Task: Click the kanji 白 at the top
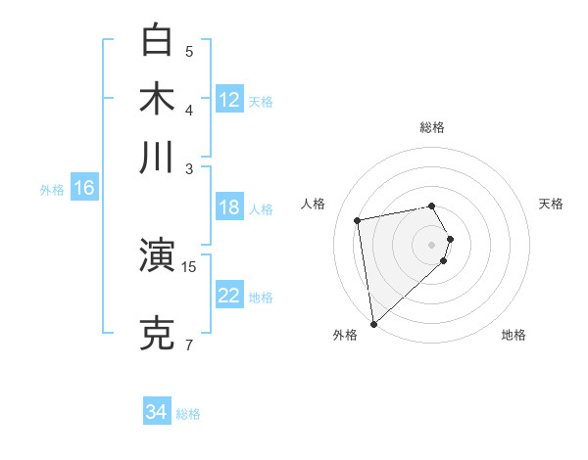point(158,40)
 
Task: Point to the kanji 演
point(158,256)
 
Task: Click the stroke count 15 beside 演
point(189,266)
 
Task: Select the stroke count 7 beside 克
point(189,345)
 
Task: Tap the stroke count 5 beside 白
point(189,51)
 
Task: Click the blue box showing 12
point(229,100)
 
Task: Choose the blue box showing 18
point(229,207)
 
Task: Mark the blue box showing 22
point(229,296)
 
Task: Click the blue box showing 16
point(84,188)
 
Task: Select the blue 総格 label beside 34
point(188,414)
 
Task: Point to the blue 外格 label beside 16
point(52,190)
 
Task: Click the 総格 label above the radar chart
point(432,127)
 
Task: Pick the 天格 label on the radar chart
point(552,204)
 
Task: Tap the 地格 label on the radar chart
point(514,335)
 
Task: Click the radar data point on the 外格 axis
point(373,323)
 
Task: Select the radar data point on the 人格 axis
point(358,220)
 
